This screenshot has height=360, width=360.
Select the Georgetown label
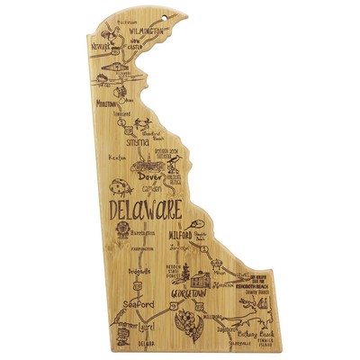click(193, 293)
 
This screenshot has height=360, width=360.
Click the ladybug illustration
click(117, 188)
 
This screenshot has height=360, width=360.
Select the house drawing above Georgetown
click(205, 268)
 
